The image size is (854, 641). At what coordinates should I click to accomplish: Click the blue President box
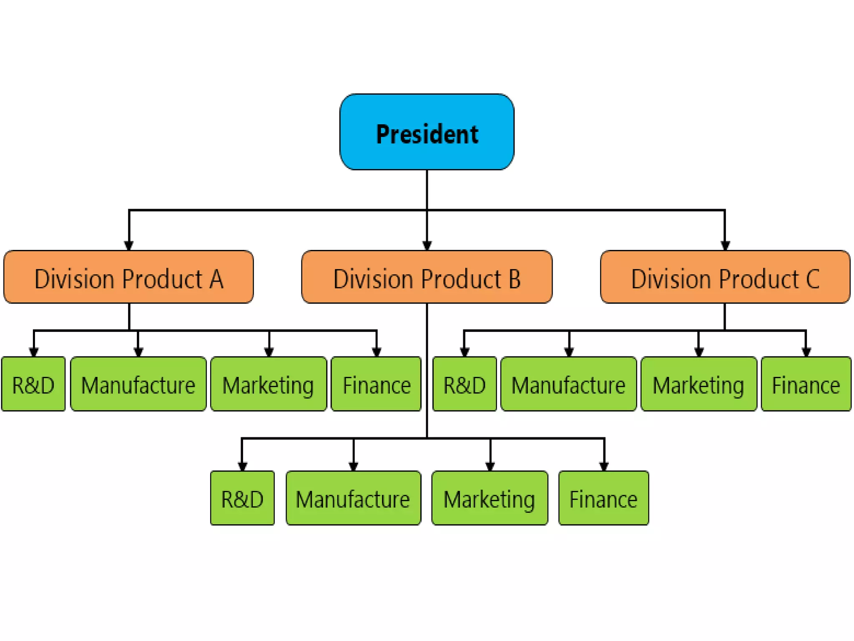click(427, 132)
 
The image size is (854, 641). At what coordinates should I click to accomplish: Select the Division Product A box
click(128, 277)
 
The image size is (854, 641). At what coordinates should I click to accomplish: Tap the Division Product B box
click(427, 277)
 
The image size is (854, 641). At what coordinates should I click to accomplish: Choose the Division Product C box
click(725, 277)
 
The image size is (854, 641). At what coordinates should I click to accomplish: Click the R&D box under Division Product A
click(33, 384)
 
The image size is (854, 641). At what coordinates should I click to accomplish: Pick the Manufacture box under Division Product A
click(138, 384)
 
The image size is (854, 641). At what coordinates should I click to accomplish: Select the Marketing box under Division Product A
click(268, 384)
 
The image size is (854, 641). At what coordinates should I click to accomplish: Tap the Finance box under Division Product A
click(376, 384)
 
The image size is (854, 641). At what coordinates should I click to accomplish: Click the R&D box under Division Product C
click(465, 384)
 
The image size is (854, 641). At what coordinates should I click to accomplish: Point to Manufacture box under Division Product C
click(568, 384)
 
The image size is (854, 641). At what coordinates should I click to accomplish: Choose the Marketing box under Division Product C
click(698, 384)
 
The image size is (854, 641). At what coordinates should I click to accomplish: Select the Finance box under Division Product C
click(806, 384)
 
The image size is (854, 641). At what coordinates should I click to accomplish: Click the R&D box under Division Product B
click(242, 498)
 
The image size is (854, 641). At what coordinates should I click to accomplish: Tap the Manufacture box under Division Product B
click(353, 498)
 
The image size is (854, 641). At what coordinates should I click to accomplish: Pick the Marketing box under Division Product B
click(490, 498)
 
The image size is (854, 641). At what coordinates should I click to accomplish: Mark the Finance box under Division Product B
click(603, 498)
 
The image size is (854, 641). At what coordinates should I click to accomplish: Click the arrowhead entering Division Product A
click(129, 245)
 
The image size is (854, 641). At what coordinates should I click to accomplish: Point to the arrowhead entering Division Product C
click(725, 245)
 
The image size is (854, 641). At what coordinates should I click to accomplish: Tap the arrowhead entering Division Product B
click(427, 245)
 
